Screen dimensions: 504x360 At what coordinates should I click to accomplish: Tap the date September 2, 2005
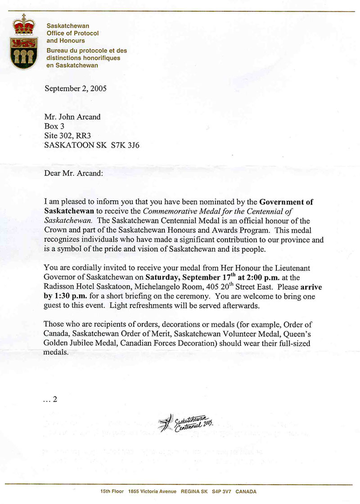pos(76,88)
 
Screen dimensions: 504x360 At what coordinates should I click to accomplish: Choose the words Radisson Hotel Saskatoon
pos(83,287)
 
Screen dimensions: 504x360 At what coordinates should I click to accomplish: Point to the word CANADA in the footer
pos(246,492)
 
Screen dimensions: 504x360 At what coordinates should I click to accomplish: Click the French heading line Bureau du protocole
pos(87,51)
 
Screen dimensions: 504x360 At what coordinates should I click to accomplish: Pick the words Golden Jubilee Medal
pos(80,344)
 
